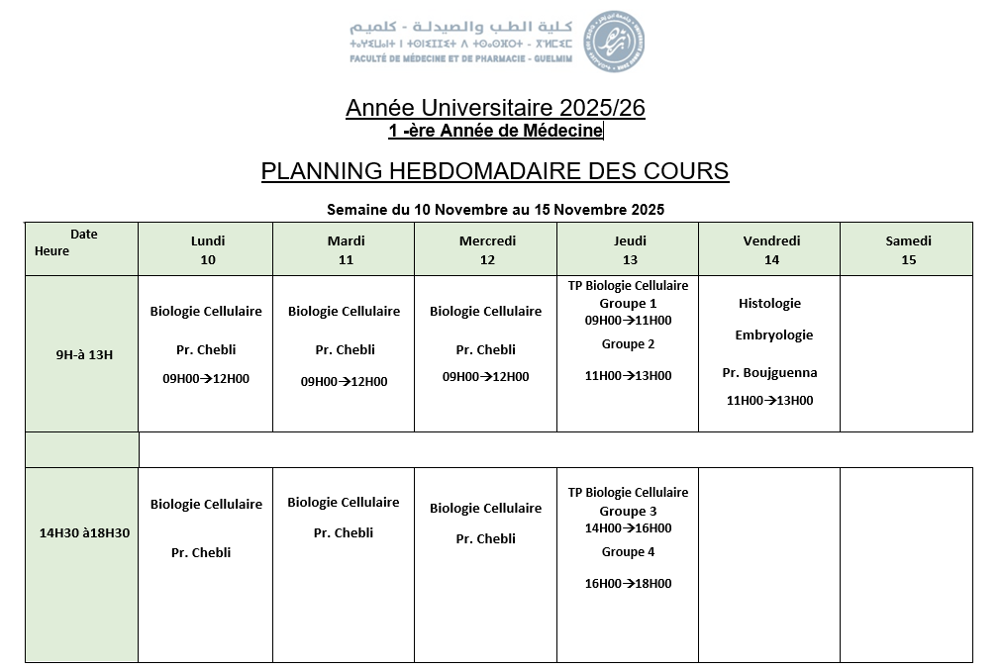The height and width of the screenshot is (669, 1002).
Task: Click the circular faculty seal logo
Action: coord(617,41)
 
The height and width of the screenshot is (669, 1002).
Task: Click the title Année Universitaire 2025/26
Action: coord(495,108)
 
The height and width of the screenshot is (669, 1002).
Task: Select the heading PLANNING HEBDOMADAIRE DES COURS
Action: coord(495,171)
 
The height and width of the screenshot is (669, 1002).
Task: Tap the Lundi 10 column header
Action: coord(208,250)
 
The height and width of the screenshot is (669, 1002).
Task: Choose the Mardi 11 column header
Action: coord(346,250)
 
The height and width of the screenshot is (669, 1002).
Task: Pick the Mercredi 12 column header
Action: coord(487,250)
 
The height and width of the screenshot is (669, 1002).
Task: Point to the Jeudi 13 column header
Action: coord(630,250)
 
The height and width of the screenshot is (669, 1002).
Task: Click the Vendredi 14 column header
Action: coord(771,250)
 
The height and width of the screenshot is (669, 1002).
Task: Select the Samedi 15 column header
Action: coord(908,250)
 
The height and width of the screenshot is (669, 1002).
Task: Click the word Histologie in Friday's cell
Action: coord(769,304)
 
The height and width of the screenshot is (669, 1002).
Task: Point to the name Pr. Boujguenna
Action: coord(769,373)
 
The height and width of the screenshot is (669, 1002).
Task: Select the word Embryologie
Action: coord(773,335)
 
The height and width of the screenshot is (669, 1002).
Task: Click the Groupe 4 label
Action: coord(628,552)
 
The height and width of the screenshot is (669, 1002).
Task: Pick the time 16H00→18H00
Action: coord(628,584)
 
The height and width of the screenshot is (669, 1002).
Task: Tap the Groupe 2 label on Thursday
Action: coord(628,344)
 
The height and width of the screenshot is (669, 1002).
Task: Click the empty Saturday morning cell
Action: coord(906,354)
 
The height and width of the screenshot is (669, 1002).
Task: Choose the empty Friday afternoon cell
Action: coord(769,564)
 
